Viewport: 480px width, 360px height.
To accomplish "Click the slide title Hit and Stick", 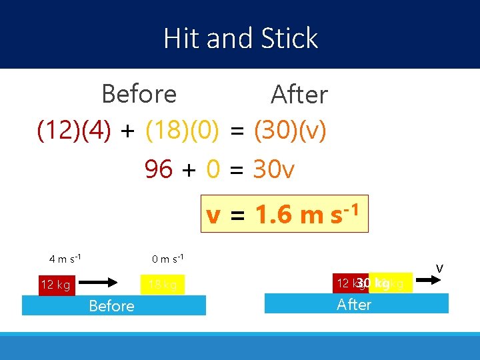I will click(x=241, y=39).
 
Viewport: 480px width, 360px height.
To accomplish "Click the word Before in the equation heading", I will click(x=139, y=95).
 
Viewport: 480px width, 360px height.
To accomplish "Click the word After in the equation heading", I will click(x=299, y=95).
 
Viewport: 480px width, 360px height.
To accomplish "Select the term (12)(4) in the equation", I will click(x=75, y=131).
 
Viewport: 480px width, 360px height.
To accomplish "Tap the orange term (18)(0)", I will click(x=183, y=131).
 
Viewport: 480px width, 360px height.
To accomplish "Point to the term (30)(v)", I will click(x=290, y=131).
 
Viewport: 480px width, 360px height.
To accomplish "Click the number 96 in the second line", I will click(x=159, y=170).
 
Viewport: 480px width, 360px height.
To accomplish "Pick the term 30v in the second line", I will click(x=273, y=170).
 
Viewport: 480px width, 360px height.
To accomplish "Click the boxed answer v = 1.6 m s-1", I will click(x=285, y=214).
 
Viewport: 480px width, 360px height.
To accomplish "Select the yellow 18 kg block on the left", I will click(x=163, y=285).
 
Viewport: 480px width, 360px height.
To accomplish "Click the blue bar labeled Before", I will click(x=114, y=305).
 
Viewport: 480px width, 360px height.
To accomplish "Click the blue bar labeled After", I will click(x=357, y=304).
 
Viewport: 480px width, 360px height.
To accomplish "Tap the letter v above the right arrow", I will click(x=439, y=268).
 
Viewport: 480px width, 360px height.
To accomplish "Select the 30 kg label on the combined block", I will click(x=373, y=284).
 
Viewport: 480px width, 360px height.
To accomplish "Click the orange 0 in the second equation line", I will click(x=213, y=170).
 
